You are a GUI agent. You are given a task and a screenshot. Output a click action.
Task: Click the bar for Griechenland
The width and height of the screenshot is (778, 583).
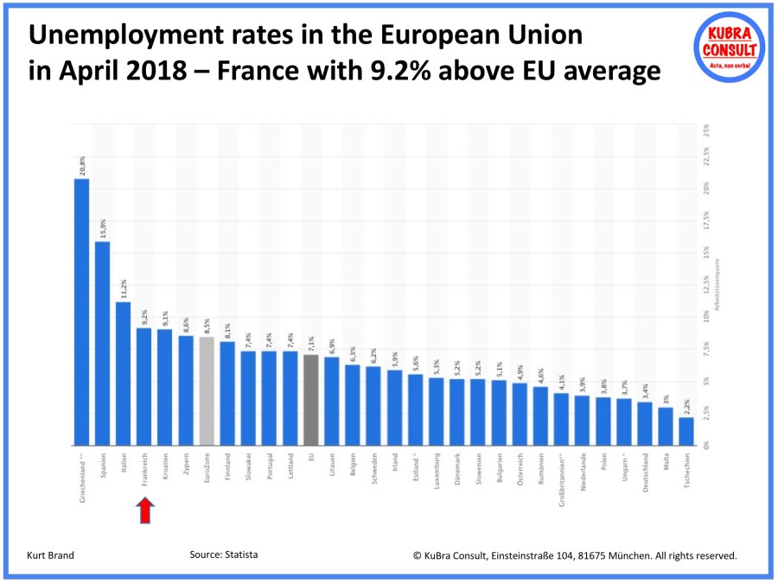[x=81, y=312]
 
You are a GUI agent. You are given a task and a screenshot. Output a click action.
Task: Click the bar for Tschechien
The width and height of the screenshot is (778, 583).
[x=686, y=431]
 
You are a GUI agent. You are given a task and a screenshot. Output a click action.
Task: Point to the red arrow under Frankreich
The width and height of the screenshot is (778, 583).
[x=144, y=512]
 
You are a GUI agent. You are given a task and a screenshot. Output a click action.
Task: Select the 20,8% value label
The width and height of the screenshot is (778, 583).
[x=82, y=165]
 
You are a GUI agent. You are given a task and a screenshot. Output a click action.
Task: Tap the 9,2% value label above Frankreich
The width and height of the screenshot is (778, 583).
[x=144, y=316]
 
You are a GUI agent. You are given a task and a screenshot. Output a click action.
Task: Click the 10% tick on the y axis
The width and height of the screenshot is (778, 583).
[x=706, y=317]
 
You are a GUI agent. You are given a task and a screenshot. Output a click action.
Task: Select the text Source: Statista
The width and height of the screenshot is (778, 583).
[x=224, y=554]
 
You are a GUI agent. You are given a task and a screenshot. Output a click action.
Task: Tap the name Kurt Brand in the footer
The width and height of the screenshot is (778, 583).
[x=51, y=555]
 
